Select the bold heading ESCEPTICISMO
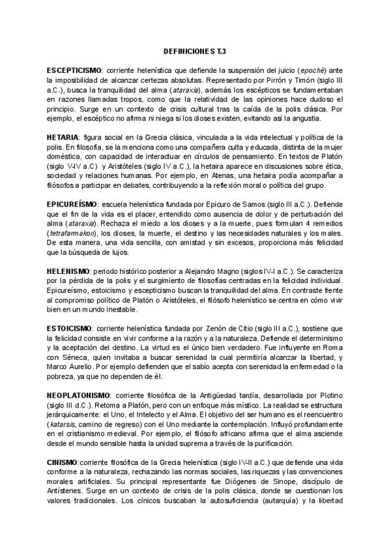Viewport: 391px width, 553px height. [74, 70]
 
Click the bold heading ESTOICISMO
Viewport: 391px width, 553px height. [69, 325]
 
